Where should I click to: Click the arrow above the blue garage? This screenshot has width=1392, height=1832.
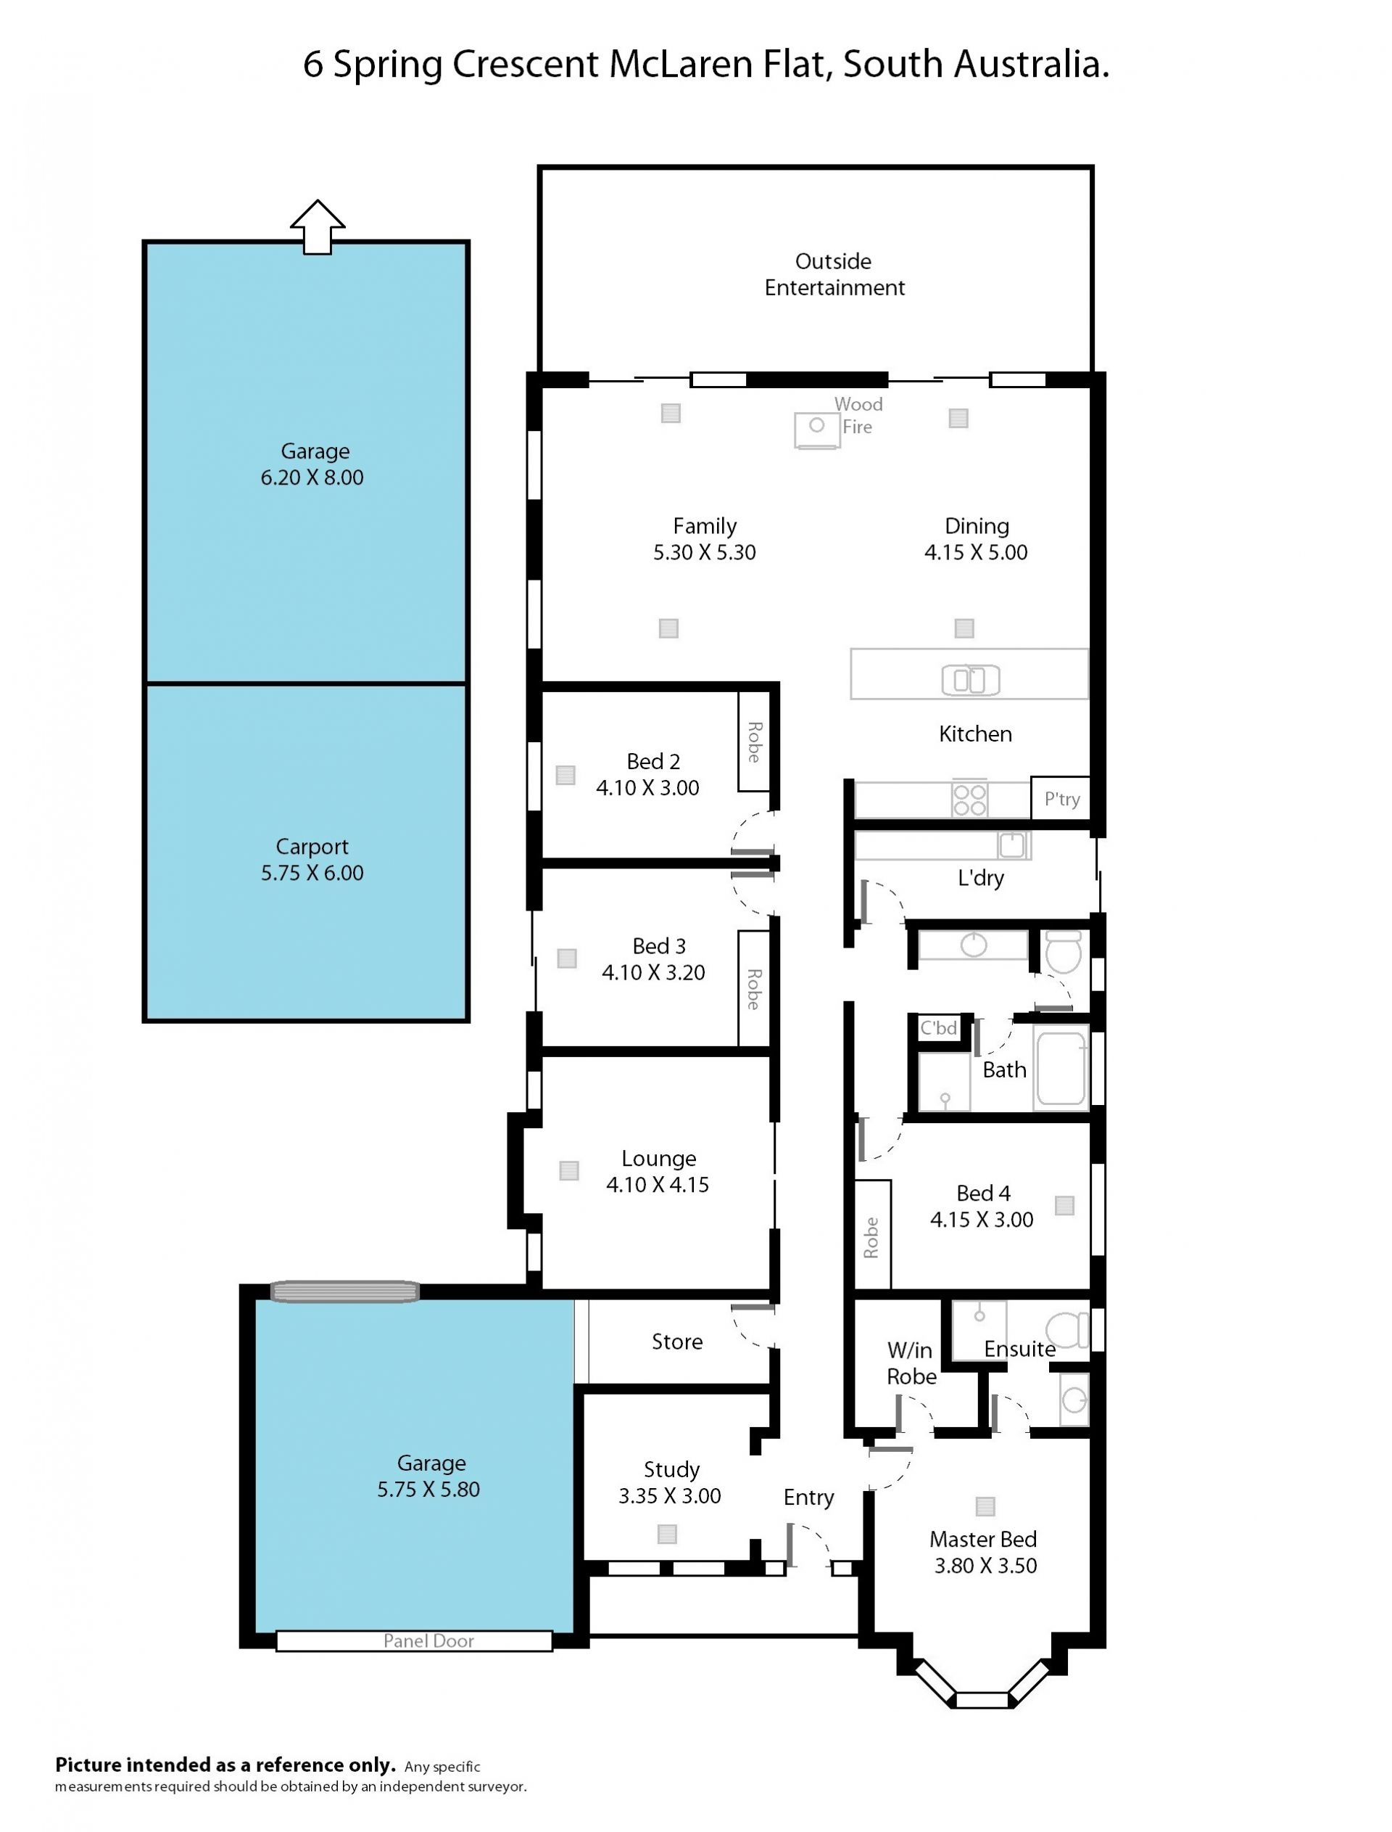[318, 226]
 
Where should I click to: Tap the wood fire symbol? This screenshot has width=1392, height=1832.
[816, 430]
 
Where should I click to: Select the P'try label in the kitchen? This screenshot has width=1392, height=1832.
[1061, 799]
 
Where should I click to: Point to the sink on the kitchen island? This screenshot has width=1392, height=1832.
[970, 681]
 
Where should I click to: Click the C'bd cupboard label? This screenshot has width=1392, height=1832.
[939, 1028]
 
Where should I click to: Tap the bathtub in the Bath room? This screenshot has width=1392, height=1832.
[1061, 1068]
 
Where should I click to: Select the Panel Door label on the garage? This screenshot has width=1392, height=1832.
[428, 1640]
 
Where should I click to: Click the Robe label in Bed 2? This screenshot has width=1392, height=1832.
[754, 742]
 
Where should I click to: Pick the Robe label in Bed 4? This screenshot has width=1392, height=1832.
[871, 1238]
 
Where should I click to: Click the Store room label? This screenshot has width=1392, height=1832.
[677, 1342]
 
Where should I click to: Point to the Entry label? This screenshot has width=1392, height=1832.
[808, 1497]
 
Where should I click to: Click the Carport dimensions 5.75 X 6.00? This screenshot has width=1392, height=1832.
[312, 873]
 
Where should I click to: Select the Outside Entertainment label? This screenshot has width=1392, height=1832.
[834, 274]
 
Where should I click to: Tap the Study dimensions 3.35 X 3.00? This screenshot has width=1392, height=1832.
[669, 1495]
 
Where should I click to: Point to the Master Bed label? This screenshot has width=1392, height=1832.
[982, 1540]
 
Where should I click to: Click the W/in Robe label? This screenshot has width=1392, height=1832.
[911, 1363]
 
